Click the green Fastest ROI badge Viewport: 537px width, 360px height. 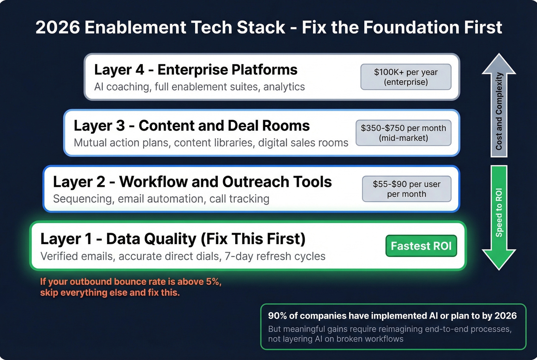[x=421, y=246]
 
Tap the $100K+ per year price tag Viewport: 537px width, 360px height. [x=406, y=77]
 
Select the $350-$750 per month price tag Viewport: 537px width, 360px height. [x=403, y=133]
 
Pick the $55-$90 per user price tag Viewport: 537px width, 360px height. [x=407, y=189]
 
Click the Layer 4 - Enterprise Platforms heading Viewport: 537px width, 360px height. [x=196, y=70]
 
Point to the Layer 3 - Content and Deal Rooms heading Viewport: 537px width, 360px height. [x=191, y=126]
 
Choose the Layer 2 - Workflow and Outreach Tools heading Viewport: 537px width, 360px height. [x=192, y=182]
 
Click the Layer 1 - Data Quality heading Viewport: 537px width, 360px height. [x=173, y=238]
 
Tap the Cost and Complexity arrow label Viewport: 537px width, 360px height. [x=499, y=111]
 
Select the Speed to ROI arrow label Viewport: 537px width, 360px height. [x=499, y=212]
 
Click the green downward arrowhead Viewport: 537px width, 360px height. [x=499, y=259]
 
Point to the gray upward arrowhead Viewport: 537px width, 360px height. [x=499, y=63]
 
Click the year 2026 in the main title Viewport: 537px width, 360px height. [x=58, y=28]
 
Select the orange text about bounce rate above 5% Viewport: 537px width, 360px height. [x=130, y=287]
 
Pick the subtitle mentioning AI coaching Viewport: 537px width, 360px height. [x=199, y=87]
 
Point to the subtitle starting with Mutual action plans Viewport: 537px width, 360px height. [x=211, y=143]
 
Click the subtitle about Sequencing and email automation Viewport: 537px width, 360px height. [x=161, y=199]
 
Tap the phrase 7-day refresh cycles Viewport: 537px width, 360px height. [x=275, y=256]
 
